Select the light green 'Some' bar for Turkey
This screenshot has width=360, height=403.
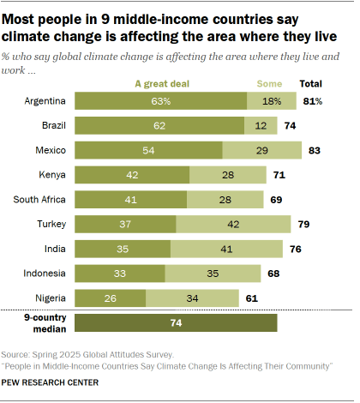(233, 225)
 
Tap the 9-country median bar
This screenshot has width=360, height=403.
(177, 322)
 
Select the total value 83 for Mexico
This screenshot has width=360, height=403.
(315, 151)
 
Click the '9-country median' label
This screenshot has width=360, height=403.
(38, 322)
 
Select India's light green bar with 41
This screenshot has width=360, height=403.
(227, 250)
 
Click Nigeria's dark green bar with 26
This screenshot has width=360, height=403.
(111, 298)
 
